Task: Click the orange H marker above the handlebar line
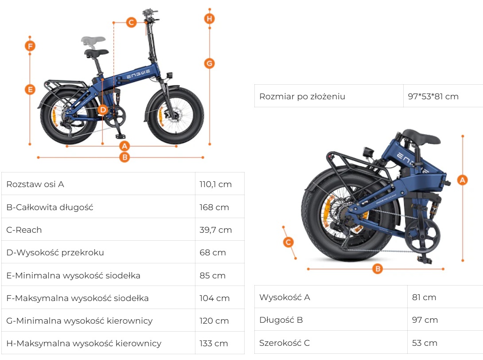(210, 19)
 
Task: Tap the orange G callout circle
(210, 63)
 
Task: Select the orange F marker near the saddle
(30, 46)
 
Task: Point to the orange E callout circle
(30, 90)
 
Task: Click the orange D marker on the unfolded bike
(103, 110)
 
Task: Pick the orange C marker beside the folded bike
(288, 242)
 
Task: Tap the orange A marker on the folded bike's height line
(462, 180)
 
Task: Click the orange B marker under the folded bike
(378, 269)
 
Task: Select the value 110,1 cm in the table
(216, 184)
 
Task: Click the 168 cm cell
(214, 207)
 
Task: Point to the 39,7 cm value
(216, 230)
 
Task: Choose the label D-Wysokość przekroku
(55, 252)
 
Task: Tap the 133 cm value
(214, 343)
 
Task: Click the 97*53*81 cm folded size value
(433, 97)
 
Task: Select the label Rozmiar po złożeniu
(302, 97)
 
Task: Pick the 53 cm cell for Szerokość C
(425, 343)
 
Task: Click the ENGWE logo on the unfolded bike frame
(138, 74)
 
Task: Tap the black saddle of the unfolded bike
(97, 53)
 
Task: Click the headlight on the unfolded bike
(169, 75)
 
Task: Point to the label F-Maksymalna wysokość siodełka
(77, 298)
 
